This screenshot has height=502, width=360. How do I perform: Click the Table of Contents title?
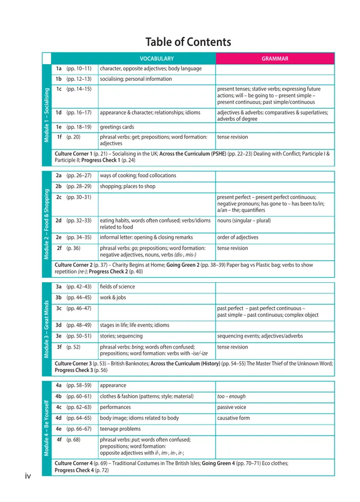click(x=188, y=42)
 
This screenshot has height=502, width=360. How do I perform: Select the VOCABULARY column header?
click(x=156, y=59)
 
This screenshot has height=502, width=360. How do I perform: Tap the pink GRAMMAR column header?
click(x=275, y=59)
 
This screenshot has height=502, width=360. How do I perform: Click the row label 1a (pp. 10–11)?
click(x=74, y=69)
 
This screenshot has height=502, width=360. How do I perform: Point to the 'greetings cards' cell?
click(x=117, y=127)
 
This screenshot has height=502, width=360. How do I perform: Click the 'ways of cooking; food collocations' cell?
click(x=138, y=175)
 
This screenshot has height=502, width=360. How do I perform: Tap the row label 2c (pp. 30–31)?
click(x=74, y=198)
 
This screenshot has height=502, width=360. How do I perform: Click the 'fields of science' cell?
click(x=117, y=287)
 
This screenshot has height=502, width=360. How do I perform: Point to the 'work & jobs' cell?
click(x=113, y=297)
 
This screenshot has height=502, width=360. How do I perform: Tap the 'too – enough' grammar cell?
click(x=232, y=396)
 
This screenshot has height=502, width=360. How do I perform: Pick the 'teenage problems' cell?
click(x=120, y=429)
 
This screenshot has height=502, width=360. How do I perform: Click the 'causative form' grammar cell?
click(x=233, y=418)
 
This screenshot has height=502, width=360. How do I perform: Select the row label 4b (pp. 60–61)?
click(x=74, y=396)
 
